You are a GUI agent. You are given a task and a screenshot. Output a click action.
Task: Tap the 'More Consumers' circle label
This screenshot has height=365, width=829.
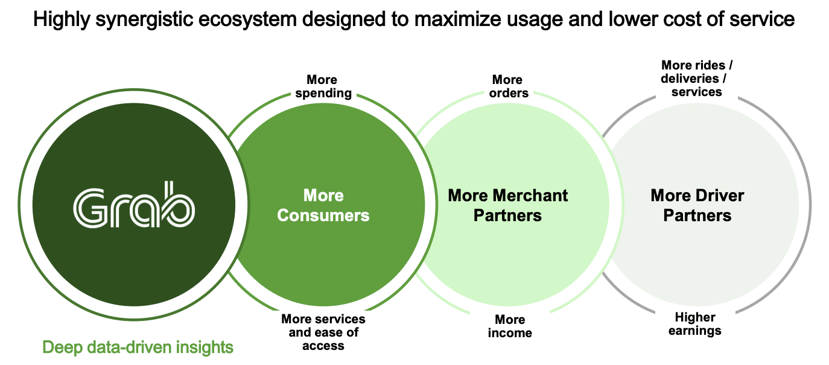(323, 205)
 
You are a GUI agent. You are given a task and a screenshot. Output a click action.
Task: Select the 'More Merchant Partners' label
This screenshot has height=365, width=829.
(507, 205)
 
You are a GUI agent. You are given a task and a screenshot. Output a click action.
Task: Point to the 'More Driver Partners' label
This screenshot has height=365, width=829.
(697, 205)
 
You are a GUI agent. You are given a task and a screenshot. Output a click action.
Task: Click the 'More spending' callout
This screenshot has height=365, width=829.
(323, 86)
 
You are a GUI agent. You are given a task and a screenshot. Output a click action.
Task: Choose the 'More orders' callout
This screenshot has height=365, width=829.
(507, 86)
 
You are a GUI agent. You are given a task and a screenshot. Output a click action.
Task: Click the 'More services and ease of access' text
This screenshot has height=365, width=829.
(323, 332)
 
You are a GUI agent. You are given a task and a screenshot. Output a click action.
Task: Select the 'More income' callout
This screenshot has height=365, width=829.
(510, 326)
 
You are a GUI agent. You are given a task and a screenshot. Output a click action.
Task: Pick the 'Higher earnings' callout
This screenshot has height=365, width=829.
(695, 324)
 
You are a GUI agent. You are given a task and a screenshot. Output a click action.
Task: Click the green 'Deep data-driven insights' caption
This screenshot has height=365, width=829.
(138, 347)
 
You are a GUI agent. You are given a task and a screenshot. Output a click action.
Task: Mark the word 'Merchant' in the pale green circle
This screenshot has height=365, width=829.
(530, 196)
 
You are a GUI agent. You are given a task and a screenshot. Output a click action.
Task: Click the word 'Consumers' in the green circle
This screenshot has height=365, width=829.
(323, 215)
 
